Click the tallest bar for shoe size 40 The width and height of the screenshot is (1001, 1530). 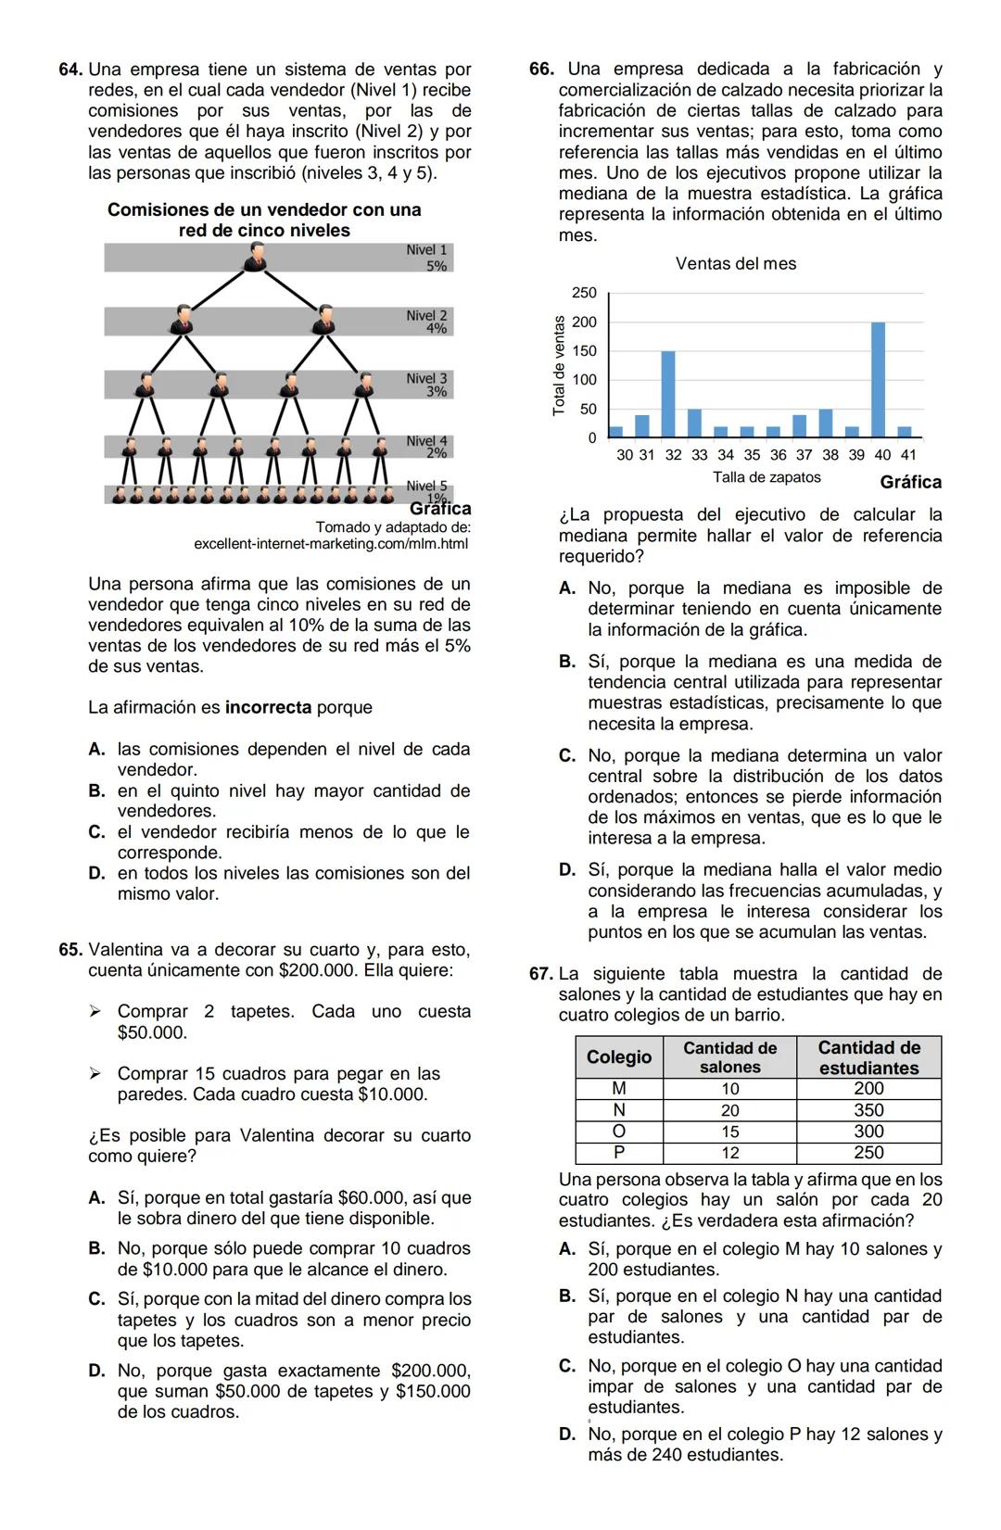click(878, 379)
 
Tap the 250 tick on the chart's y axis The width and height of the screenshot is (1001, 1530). click(584, 293)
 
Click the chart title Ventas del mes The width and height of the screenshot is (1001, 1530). click(736, 264)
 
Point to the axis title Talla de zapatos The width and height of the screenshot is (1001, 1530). click(767, 477)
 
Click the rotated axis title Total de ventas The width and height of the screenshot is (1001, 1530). click(558, 365)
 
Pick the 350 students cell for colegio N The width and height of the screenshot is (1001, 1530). click(868, 1110)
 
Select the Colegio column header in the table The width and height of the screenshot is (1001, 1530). click(619, 1057)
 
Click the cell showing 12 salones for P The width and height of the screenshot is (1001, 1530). click(730, 1153)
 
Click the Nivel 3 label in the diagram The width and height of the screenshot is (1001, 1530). click(426, 379)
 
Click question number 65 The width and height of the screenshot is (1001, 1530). click(70, 950)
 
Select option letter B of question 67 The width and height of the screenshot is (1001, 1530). click(567, 1296)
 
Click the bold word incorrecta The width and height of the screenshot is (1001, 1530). click(268, 708)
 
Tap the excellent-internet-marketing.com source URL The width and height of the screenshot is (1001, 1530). click(331, 544)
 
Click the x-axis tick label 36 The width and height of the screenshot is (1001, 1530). click(778, 455)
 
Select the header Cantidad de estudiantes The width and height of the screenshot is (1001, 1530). click(868, 1057)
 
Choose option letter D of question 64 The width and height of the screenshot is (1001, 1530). click(96, 874)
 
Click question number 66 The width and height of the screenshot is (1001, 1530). click(541, 70)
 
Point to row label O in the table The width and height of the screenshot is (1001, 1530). click(619, 1132)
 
